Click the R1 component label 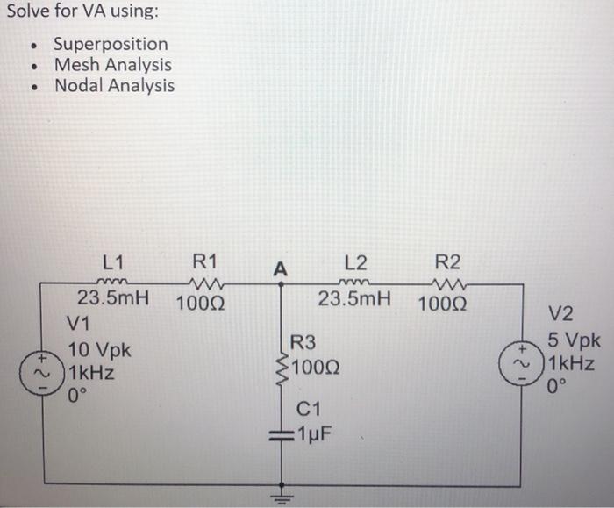coord(203,261)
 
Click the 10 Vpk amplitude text coord(99,350)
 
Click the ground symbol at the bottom coord(282,493)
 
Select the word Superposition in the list coord(111,44)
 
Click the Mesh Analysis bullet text coord(112,65)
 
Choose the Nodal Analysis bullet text coord(114,86)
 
